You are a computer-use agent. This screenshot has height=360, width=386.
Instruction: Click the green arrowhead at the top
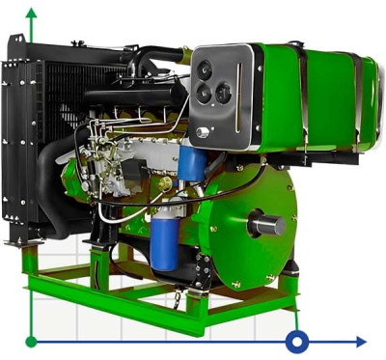[x=32, y=14]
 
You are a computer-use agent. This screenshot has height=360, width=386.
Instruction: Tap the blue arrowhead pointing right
[x=361, y=341]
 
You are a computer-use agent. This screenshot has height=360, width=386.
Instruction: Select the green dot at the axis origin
[x=32, y=341]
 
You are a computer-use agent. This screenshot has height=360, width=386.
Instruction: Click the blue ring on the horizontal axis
[x=297, y=341]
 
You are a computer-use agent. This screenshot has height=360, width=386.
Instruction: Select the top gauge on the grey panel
[x=206, y=69]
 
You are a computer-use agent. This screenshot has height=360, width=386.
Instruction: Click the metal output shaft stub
[x=267, y=225]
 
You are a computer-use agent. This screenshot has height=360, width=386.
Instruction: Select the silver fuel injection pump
[x=111, y=159]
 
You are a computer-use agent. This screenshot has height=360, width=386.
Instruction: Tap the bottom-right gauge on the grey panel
[x=224, y=93]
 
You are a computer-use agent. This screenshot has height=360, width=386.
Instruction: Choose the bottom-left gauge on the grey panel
[x=204, y=95]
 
